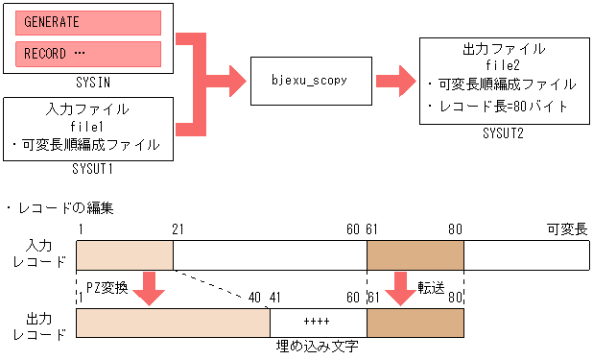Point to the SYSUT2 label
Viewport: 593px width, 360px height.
[x=503, y=133]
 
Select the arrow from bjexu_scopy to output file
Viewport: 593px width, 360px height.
[x=394, y=82]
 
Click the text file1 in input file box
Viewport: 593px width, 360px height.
[x=87, y=127]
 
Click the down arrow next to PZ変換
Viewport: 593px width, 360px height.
[x=148, y=288]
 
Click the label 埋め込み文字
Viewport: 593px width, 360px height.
[x=318, y=347]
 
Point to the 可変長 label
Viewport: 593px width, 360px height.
[x=567, y=229]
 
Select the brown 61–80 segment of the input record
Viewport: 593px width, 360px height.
[x=415, y=255]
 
